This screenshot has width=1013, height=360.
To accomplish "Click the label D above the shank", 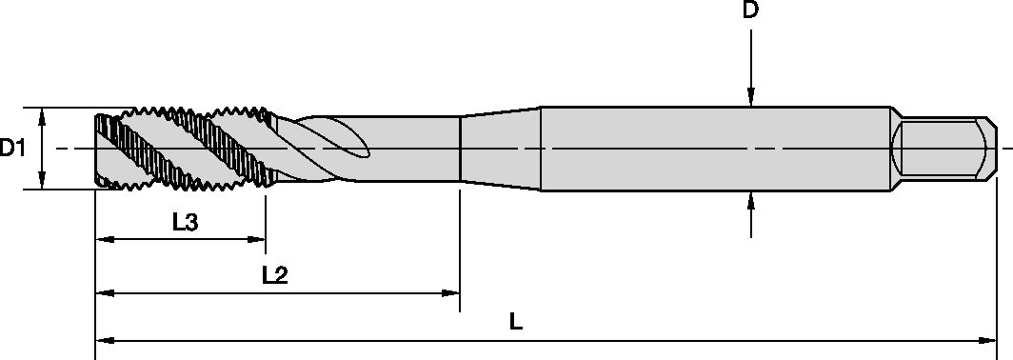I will click(751, 11).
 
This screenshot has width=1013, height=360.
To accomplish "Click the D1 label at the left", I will click(12, 148).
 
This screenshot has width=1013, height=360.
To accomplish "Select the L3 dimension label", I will click(185, 223).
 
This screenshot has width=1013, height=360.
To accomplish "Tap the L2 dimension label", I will click(275, 276).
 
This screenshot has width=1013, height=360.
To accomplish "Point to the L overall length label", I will click(516, 321).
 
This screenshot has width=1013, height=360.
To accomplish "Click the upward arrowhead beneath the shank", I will click(751, 200).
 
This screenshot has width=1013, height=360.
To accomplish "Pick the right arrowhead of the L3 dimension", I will click(258, 239).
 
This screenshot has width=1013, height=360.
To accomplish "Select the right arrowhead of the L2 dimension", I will click(452, 293).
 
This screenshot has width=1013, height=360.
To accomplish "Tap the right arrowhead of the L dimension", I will click(989, 338).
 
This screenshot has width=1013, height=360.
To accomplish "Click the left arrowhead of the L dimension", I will click(103, 338).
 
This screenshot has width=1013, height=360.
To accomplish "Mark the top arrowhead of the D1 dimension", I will click(42, 115).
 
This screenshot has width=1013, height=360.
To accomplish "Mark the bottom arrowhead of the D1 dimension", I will click(42, 182).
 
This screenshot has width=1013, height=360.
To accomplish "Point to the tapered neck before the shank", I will click(500, 148).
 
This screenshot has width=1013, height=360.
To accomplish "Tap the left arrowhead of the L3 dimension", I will click(103, 239).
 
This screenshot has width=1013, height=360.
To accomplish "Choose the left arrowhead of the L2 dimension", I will click(103, 293).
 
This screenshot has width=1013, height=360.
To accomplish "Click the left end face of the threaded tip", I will click(96, 148).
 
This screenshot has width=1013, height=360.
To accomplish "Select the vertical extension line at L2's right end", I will click(460, 248).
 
